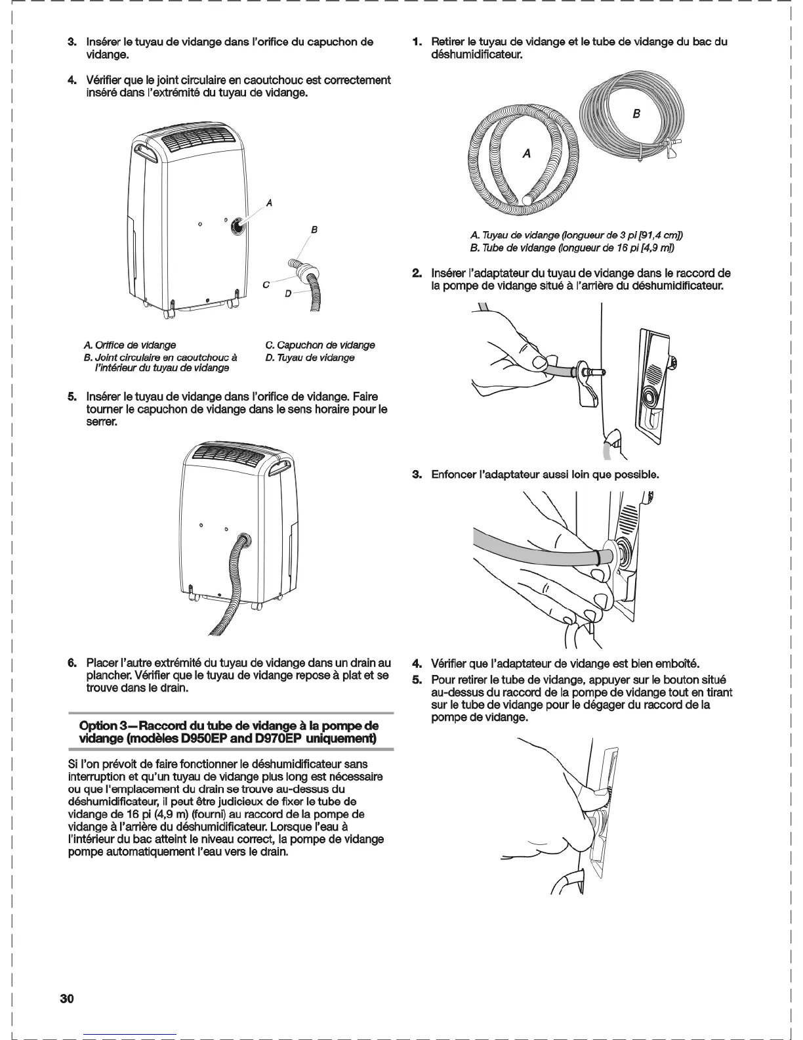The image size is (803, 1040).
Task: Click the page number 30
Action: point(66,999)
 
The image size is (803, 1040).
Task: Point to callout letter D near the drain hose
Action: point(287,293)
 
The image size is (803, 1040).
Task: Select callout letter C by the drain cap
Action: point(265,284)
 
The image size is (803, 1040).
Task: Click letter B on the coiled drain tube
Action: point(636,114)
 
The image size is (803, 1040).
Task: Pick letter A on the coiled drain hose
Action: point(526,154)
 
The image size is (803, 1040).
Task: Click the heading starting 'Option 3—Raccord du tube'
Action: point(229,732)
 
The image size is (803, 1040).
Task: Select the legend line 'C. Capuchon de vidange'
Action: point(320,345)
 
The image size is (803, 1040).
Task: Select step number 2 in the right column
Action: point(416,273)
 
